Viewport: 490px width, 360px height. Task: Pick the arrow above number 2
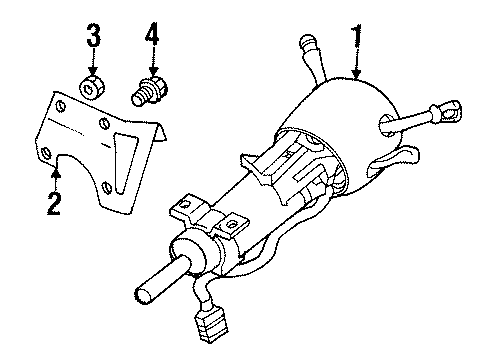pyautogui.click(x=57, y=178)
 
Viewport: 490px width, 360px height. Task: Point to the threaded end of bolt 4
pyautogui.click(x=141, y=97)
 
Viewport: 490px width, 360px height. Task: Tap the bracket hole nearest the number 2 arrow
pyautogui.click(x=47, y=153)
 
